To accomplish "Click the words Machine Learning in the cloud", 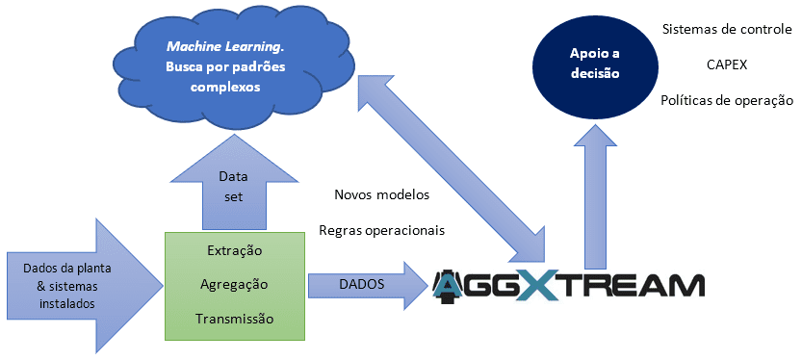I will (225, 45).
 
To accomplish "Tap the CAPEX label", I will (726, 64).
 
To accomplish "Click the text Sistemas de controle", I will (726, 29).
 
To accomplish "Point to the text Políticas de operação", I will (726, 100).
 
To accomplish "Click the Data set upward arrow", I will (232, 184).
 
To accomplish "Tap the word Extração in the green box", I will (235, 250).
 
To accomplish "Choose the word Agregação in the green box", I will (235, 284).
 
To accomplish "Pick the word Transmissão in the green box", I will (235, 318).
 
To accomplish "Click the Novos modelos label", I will (381, 194).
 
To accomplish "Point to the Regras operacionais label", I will (381, 231).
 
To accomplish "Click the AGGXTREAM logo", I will (568, 285).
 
